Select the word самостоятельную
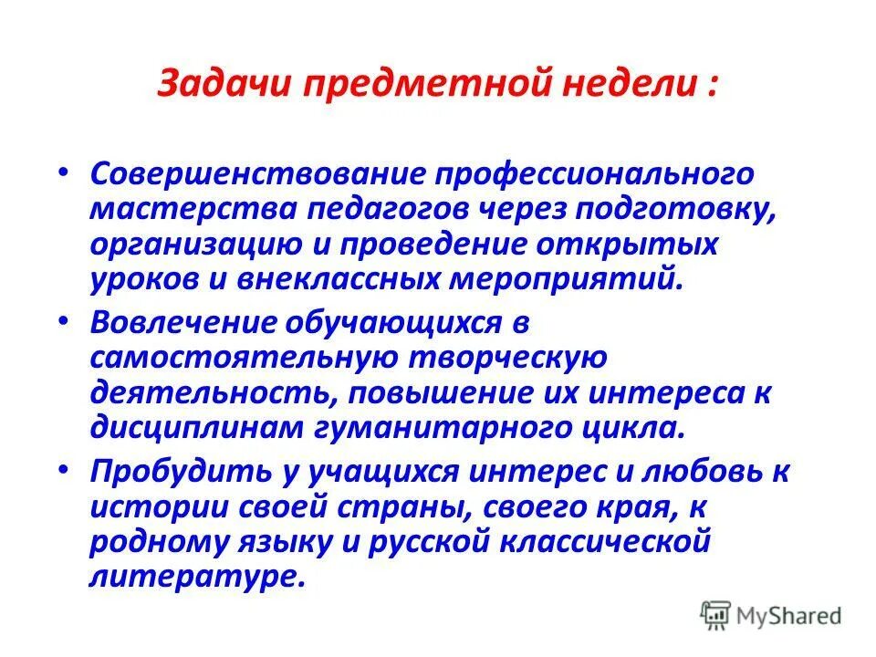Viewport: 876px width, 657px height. tap(235, 358)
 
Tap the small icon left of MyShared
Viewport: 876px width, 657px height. tap(714, 615)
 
